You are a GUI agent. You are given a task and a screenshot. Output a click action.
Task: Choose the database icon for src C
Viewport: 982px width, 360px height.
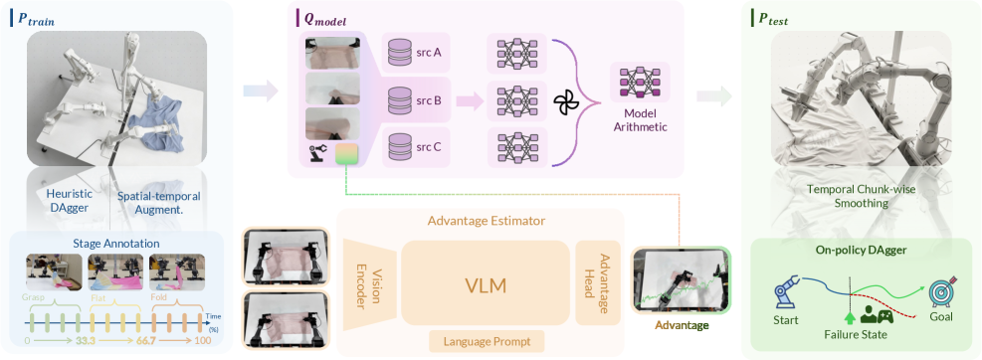click(x=399, y=146)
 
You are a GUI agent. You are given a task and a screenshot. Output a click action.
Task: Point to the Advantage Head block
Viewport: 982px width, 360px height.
click(x=597, y=282)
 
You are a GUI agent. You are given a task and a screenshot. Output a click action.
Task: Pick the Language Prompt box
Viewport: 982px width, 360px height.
click(x=485, y=341)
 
